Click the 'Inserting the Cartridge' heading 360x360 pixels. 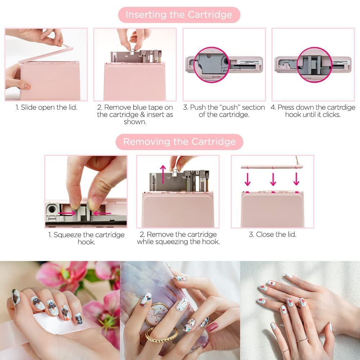tap(179, 15)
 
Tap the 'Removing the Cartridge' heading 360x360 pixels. tap(179, 141)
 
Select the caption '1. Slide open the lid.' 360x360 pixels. tap(46, 107)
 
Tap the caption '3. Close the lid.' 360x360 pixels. tap(273, 234)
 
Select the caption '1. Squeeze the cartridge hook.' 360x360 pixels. tap(86, 238)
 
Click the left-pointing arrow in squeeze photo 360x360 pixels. tap(103, 213)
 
